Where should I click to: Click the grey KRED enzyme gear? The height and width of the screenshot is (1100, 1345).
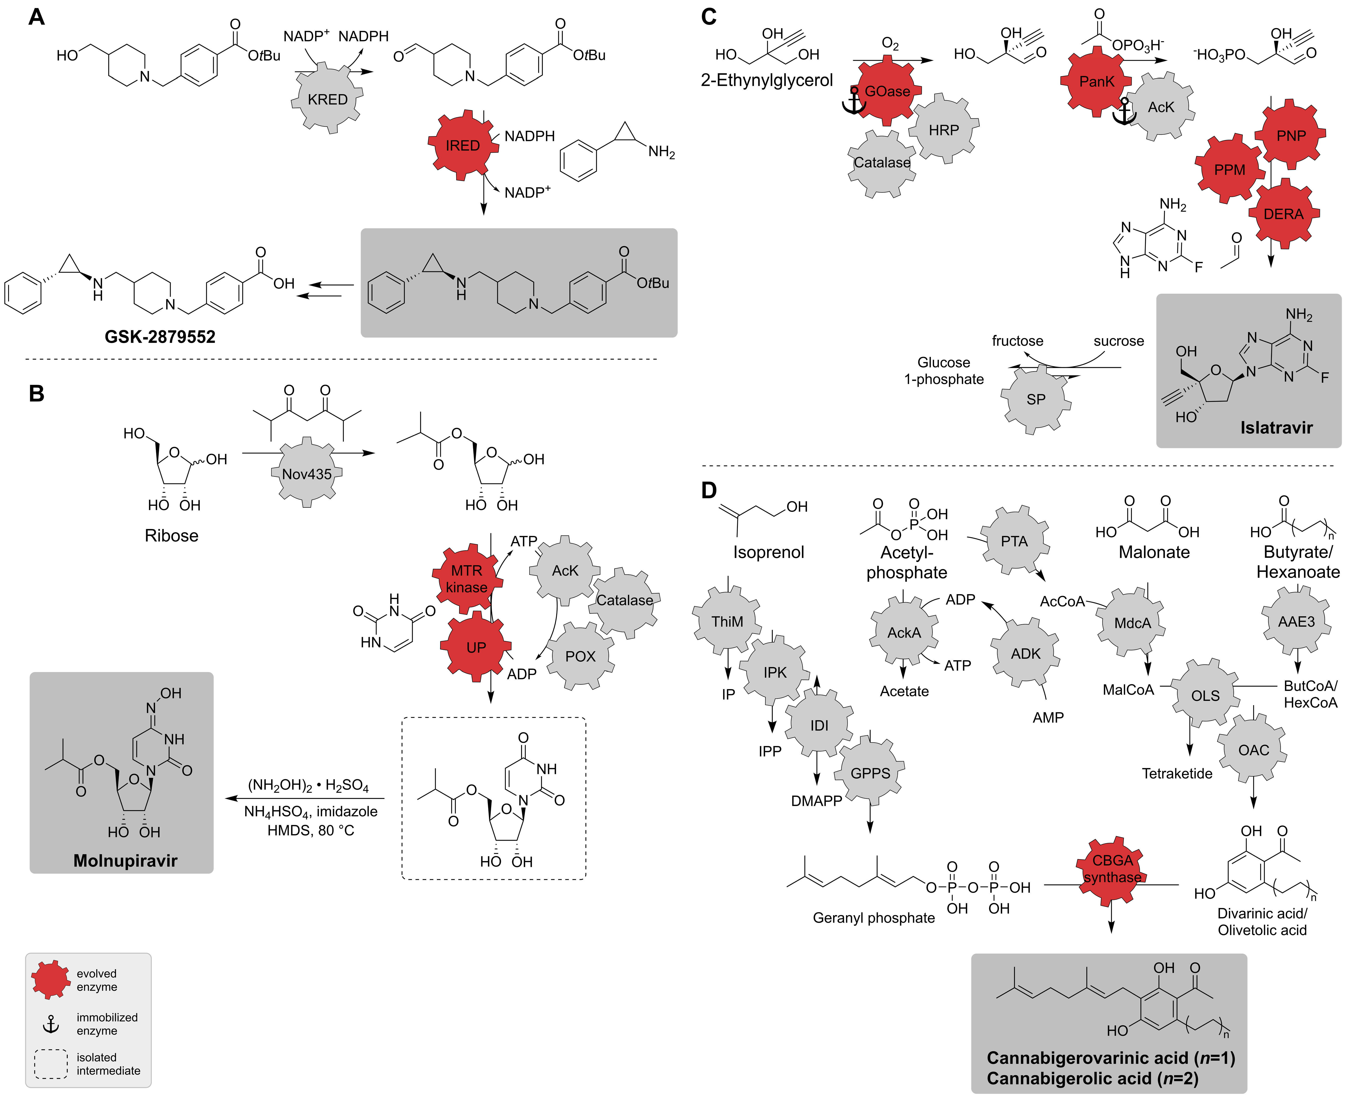click(x=327, y=99)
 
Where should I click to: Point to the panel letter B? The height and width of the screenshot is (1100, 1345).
click(x=37, y=394)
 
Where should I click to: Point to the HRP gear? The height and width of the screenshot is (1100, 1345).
click(x=943, y=130)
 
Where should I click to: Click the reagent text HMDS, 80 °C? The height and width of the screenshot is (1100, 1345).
click(x=311, y=830)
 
